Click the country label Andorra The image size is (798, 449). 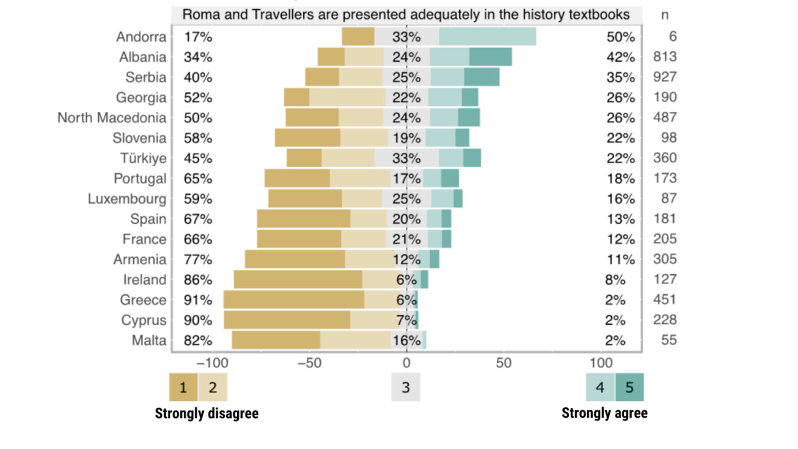click(141, 37)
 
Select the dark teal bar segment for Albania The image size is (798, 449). click(490, 57)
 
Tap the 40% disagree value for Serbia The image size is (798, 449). click(198, 77)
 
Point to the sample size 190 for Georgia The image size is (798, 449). click(665, 97)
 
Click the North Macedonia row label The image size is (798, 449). click(112, 118)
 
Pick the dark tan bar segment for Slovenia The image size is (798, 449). click(308, 138)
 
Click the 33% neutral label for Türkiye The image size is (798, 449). click(406, 158)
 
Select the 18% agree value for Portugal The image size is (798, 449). click(621, 178)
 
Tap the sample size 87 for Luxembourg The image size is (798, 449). click(669, 198)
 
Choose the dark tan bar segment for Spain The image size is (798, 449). click(303, 219)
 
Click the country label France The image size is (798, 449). click(144, 239)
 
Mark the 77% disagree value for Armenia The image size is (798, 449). click(198, 259)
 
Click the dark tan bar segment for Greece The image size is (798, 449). click(293, 300)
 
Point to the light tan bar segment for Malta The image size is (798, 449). click(355, 340)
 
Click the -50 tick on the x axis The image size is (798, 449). click(310, 363)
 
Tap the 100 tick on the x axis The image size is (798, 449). click(601, 363)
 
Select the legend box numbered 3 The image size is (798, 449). click(406, 387)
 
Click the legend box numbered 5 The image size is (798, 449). click(629, 387)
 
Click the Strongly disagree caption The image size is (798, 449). click(207, 413)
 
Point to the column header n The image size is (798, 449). click(665, 15)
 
